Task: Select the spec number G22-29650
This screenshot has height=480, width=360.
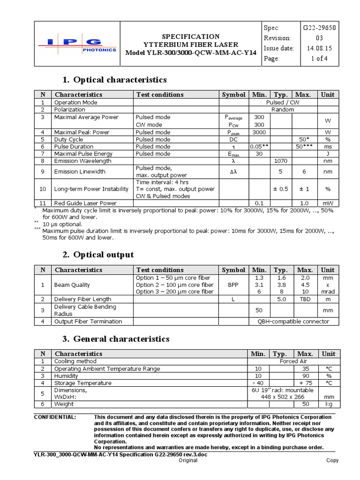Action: click(319, 28)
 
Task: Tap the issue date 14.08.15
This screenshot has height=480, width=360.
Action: click(319, 48)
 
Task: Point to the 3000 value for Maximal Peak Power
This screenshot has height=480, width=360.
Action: click(259, 132)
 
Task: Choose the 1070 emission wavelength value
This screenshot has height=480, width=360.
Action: click(280, 161)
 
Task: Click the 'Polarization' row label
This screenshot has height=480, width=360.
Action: click(70, 110)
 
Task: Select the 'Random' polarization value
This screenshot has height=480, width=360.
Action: click(283, 110)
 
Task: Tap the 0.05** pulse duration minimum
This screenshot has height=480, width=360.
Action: click(259, 147)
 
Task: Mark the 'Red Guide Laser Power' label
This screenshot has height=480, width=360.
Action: click(85, 203)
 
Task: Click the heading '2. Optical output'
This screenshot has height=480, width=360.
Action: click(98, 255)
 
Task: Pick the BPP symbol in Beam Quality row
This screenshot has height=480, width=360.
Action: click(233, 285)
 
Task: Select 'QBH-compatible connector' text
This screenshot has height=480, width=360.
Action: click(293, 322)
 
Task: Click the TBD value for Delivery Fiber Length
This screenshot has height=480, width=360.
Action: click(305, 299)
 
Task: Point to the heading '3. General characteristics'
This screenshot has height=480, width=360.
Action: click(115, 338)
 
